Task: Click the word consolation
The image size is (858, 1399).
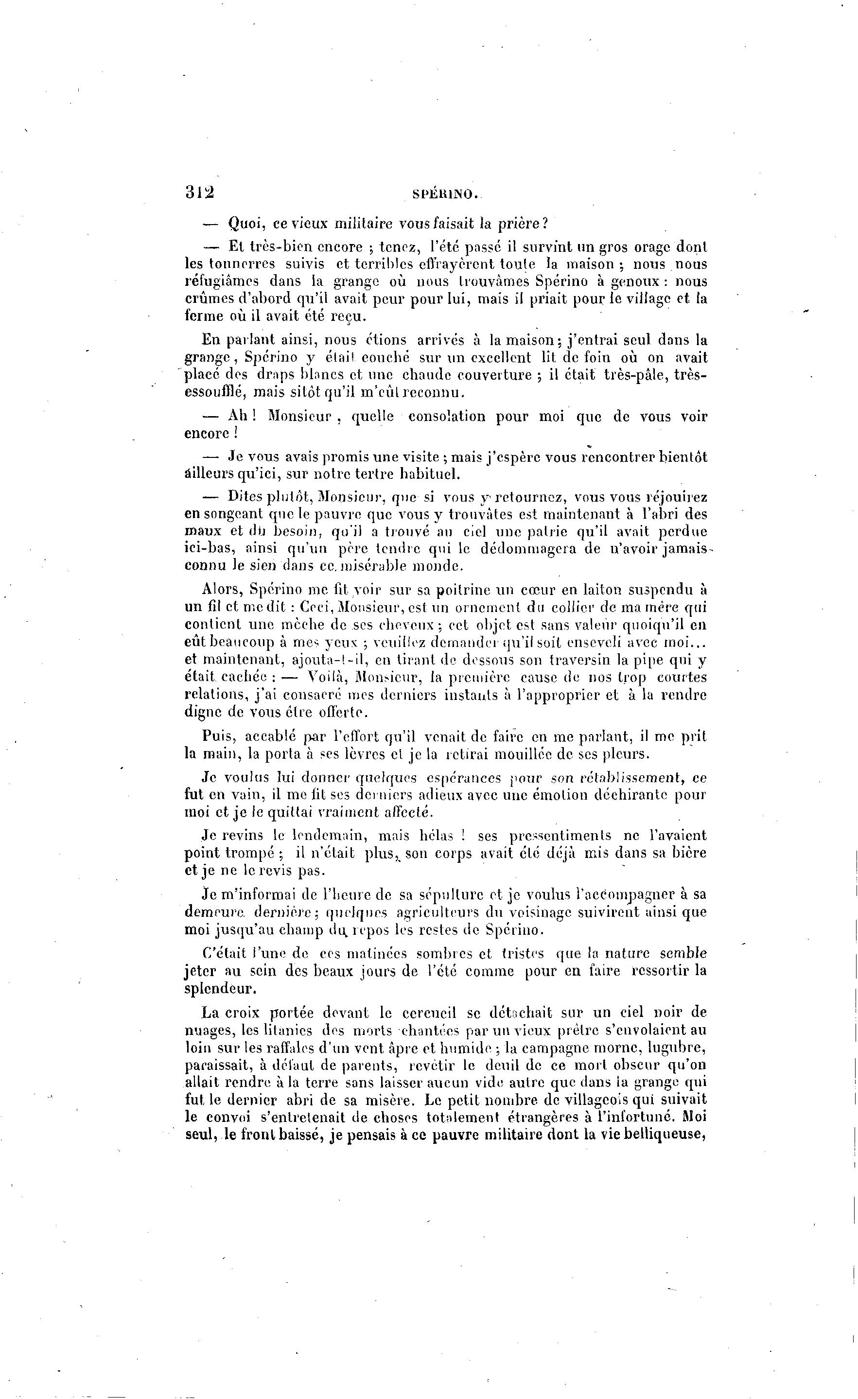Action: click(446, 417)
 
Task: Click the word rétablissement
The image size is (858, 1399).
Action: click(621, 777)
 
